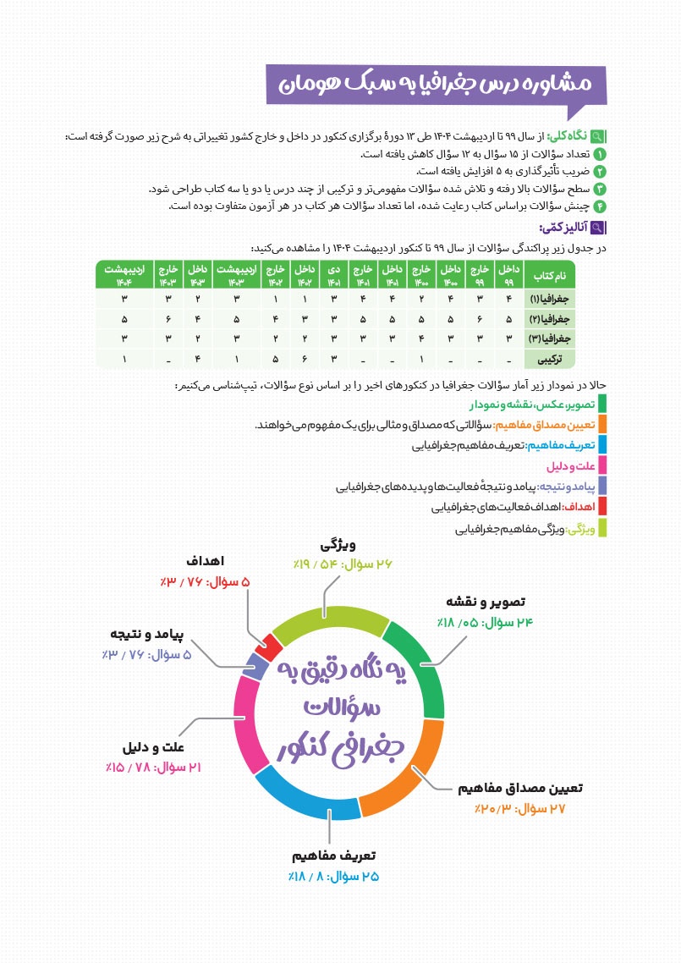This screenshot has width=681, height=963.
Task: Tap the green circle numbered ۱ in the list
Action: coord(601,154)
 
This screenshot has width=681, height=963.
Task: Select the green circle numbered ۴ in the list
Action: coord(601,206)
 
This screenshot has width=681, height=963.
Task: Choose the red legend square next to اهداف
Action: coord(601,508)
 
